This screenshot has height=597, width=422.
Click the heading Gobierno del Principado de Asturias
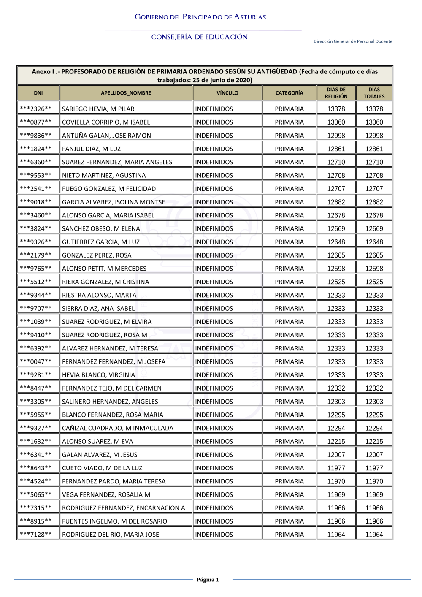[200, 17]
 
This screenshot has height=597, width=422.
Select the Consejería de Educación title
[199, 37]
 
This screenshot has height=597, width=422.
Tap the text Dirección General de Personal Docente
[353, 41]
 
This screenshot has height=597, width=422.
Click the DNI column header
[38, 93]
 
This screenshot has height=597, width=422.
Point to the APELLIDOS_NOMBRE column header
[126, 93]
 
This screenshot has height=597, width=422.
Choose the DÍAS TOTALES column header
[374, 93]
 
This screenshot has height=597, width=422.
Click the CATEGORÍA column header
[289, 93]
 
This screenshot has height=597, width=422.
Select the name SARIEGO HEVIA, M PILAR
[98, 109]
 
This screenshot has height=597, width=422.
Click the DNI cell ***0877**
[36, 122]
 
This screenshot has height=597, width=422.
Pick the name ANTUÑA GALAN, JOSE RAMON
[106, 136]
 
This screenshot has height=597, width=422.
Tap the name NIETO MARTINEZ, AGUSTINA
[104, 175]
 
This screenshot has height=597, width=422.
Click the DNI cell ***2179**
[36, 255]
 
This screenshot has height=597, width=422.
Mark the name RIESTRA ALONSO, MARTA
[99, 295]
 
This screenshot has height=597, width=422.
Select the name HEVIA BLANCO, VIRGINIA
[98, 375]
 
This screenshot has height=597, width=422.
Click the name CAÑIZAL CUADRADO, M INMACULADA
[117, 428]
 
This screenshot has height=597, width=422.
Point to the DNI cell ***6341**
[36, 455]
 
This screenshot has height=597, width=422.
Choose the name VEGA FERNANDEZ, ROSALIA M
[106, 494]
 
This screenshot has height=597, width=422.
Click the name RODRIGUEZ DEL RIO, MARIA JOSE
[111, 535]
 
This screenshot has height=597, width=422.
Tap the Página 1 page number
[208, 580]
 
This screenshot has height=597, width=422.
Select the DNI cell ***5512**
[36, 282]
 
